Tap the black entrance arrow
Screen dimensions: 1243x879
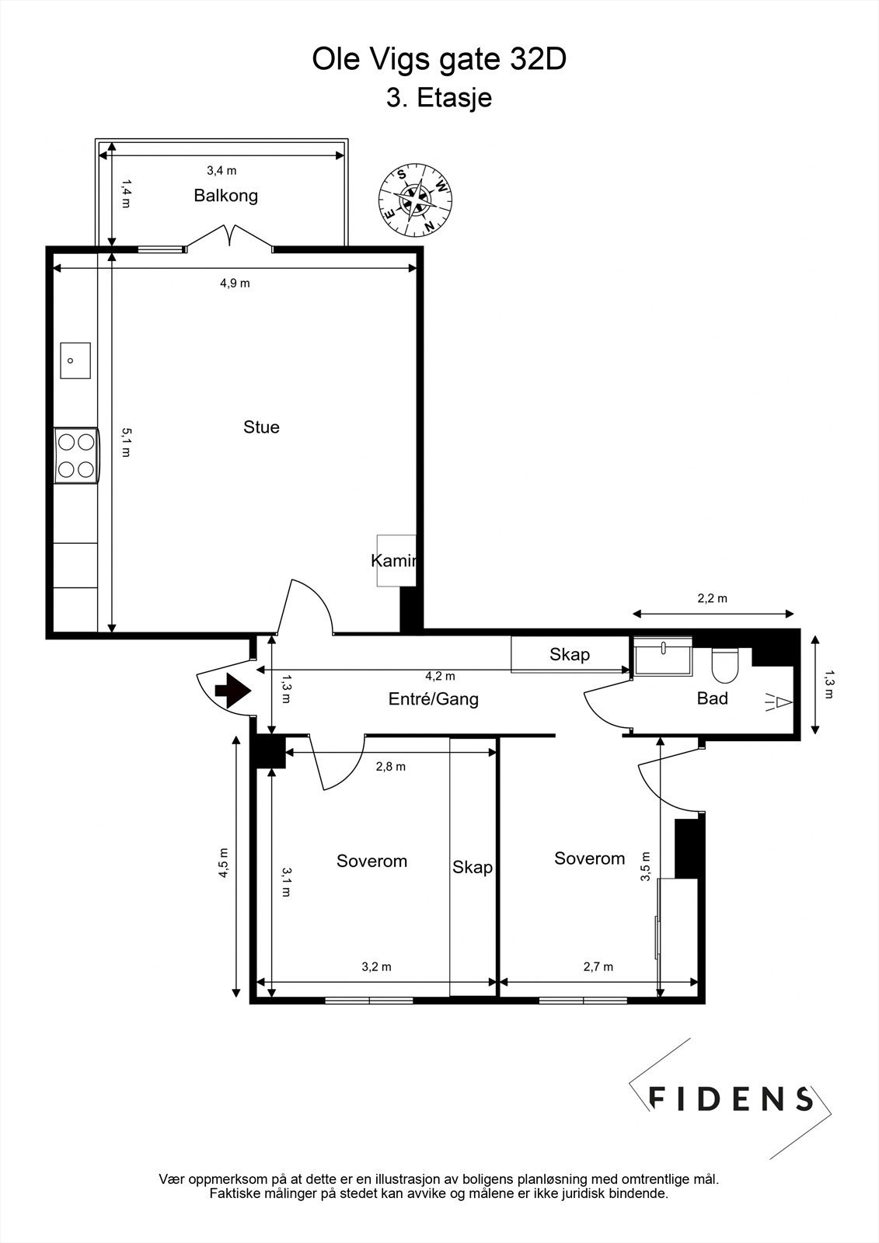pos(231,691)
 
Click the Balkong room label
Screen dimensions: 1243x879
pos(225,196)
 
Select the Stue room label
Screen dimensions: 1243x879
pos(261,427)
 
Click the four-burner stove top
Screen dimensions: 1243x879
pos(77,455)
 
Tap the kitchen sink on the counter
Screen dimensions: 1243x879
pos(75,360)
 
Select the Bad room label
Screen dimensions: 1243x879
pos(712,698)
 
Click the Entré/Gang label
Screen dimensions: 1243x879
pos(433,699)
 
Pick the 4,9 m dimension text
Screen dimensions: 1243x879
pos(235,284)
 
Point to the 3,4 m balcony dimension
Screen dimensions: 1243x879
pos(221,170)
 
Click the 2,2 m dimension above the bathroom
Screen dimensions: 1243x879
pos(712,598)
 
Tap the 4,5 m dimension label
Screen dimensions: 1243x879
pos(224,862)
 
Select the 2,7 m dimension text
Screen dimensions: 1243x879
pos(598,967)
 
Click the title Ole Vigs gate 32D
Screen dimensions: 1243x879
pos(439,60)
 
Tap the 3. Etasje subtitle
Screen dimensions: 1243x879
pos(439,99)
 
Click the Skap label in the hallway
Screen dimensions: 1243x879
pos(570,654)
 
